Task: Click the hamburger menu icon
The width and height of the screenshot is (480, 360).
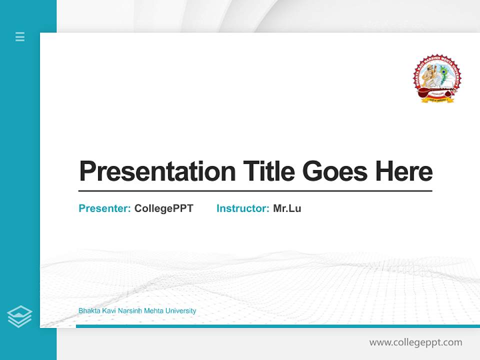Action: [20, 36]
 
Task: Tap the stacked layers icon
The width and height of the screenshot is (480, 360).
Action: [19, 316]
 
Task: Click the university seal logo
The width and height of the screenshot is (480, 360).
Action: [437, 79]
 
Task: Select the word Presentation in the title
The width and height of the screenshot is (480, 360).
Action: [157, 171]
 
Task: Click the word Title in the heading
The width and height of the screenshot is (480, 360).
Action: [269, 171]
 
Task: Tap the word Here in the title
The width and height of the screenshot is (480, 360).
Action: [404, 171]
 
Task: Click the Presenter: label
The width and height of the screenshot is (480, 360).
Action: [105, 208]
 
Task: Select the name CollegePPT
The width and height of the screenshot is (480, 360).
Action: [164, 208]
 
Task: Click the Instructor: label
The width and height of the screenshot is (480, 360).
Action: [243, 208]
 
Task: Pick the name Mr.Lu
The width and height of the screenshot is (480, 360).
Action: [287, 208]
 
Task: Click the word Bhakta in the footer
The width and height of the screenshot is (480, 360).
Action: [88, 311]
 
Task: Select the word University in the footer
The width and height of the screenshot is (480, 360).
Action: [180, 311]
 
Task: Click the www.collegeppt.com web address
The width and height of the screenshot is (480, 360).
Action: [415, 342]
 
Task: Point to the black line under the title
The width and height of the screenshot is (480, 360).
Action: [255, 191]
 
